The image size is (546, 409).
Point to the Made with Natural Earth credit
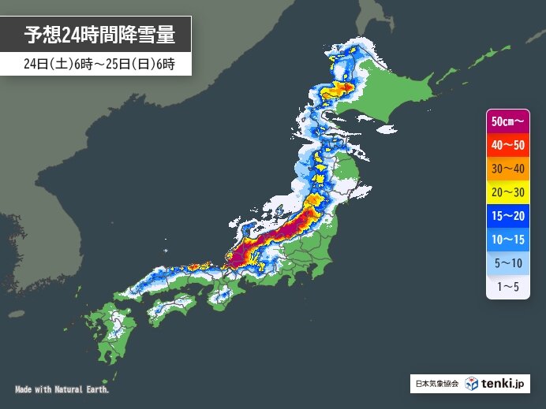tap(62, 390)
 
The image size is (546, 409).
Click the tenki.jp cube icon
tap(471, 384)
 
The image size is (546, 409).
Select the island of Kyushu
tap(118, 327)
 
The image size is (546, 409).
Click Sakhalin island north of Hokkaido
tap(371, 20)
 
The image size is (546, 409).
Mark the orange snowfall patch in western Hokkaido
tap(345, 87)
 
